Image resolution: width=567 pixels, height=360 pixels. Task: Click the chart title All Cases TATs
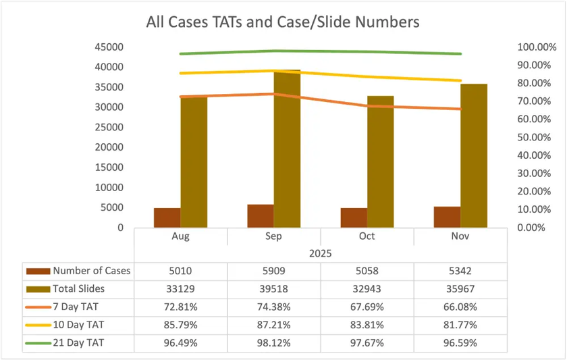click(x=283, y=22)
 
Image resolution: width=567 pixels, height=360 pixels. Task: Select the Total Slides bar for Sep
click(x=287, y=149)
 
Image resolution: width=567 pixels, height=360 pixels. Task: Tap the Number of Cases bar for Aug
click(x=167, y=217)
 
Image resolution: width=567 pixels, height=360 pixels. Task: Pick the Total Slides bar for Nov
click(x=474, y=155)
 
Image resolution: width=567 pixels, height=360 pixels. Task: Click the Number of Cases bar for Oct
click(x=354, y=217)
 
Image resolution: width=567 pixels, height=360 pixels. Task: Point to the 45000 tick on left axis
click(x=109, y=47)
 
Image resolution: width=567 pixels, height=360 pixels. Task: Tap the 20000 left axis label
click(x=109, y=147)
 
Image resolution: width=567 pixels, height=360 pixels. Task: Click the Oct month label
click(x=367, y=237)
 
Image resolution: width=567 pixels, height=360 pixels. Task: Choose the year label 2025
click(x=321, y=253)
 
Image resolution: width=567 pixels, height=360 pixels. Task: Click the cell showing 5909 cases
click(x=274, y=271)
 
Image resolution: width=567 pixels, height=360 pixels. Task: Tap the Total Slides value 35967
click(x=461, y=289)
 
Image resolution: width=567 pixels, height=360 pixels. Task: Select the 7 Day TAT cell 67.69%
click(x=367, y=307)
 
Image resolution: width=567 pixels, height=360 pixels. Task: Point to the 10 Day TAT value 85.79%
click(x=180, y=325)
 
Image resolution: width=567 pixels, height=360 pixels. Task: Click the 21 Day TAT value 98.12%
click(x=274, y=342)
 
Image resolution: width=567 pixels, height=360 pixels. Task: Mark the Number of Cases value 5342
click(x=461, y=271)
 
